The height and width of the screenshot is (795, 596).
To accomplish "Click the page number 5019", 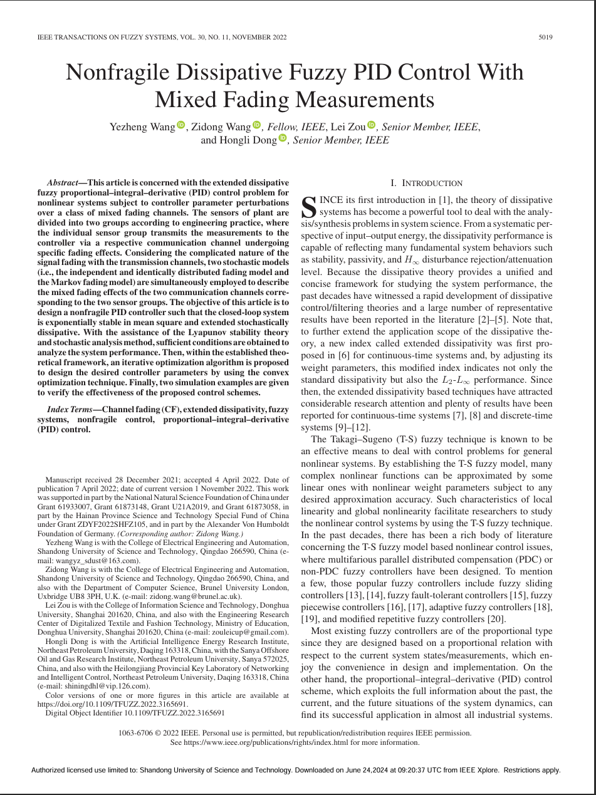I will (545, 38).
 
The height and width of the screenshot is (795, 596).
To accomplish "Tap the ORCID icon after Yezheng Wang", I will (181, 125).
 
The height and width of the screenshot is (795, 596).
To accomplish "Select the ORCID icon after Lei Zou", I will (371, 125).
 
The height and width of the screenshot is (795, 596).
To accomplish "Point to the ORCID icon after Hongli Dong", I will (282, 138).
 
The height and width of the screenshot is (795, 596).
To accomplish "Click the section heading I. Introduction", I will (426, 183).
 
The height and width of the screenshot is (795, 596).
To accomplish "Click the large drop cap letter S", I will (308, 206).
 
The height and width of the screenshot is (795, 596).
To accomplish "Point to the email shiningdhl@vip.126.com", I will (94, 686).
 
